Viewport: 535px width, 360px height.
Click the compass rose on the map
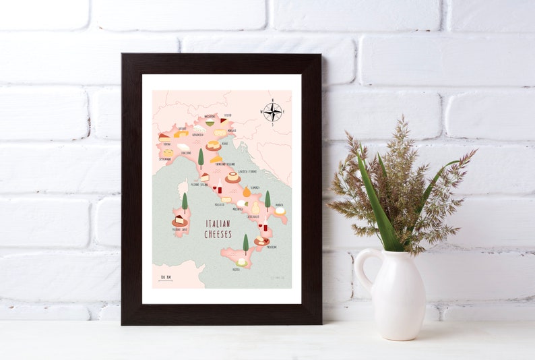pos(272,111)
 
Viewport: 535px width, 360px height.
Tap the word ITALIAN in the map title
pos(218,224)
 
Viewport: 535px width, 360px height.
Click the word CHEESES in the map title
pos(218,234)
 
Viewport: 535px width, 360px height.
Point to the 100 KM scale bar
pos(166,278)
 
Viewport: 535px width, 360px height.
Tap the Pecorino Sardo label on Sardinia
pos(180,230)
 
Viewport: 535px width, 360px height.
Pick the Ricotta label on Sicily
pos(237,269)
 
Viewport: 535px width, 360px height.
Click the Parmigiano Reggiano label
pos(225,164)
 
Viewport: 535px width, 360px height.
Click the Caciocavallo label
pos(253,216)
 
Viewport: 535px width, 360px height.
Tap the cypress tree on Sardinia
pos(185,202)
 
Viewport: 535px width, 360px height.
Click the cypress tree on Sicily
pos(245,242)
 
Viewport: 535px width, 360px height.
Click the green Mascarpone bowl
pos(210,123)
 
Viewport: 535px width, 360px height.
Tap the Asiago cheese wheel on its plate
pos(214,144)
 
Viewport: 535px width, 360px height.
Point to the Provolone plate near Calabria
pos(261,240)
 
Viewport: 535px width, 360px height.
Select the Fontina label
pos(164,142)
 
